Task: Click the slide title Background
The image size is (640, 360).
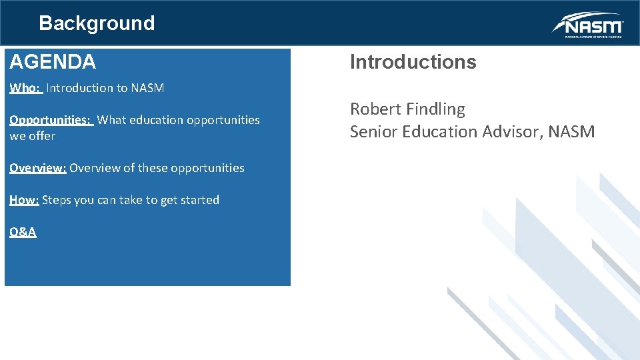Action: tap(97, 23)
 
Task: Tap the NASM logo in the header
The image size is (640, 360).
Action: tap(587, 25)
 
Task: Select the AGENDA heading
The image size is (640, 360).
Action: tap(53, 62)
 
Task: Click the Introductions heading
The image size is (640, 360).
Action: tap(413, 62)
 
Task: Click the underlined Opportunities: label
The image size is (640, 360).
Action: tap(51, 120)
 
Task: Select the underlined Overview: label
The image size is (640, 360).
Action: tap(37, 168)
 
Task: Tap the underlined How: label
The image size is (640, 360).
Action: tap(24, 200)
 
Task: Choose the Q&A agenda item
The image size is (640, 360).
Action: tap(23, 232)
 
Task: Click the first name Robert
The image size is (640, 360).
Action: tap(375, 109)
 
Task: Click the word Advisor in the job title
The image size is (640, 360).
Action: tap(511, 132)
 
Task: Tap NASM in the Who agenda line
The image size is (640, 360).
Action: tap(147, 88)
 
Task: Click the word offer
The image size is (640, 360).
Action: tap(41, 136)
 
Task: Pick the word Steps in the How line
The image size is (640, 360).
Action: tap(57, 200)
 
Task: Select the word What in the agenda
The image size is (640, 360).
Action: tap(111, 120)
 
